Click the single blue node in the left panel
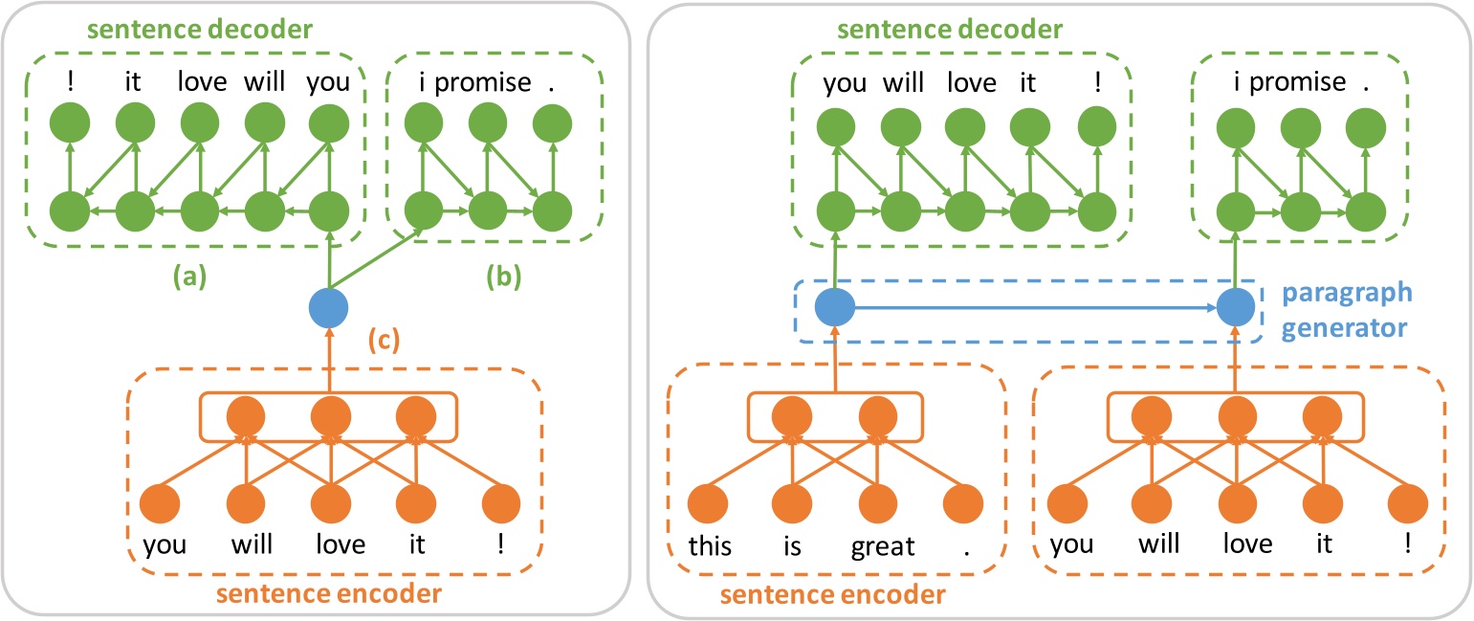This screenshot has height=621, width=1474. point(328,308)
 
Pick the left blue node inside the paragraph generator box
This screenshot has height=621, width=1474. point(833,308)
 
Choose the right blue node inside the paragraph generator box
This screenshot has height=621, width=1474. point(1234,308)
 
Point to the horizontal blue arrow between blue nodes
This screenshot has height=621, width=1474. point(1033,308)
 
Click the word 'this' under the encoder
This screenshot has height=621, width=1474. point(710,546)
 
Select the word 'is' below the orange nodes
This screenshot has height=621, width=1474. point(793,546)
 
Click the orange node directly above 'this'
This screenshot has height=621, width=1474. point(709,503)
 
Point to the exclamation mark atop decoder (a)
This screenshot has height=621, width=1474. point(70,82)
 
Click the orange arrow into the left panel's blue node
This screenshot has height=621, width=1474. point(328,359)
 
